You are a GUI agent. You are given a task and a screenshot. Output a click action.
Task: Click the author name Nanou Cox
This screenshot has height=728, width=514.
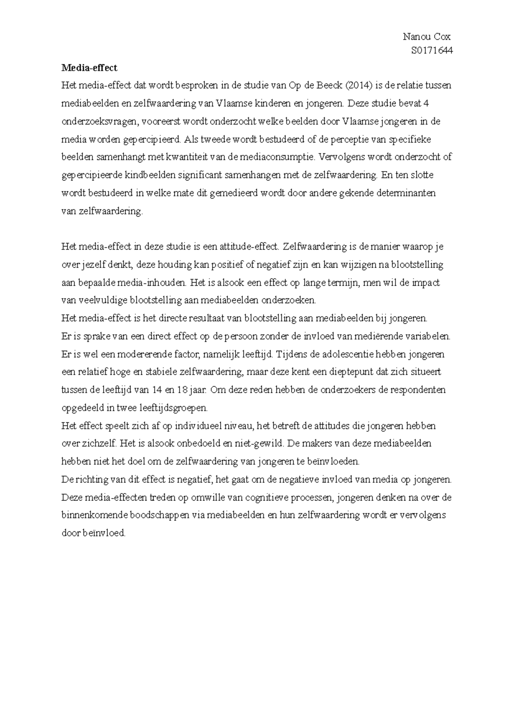tap(427, 37)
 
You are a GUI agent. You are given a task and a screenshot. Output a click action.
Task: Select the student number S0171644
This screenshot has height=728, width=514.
tap(431, 51)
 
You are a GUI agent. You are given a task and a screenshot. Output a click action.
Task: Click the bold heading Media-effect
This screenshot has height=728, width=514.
tap(89, 68)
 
